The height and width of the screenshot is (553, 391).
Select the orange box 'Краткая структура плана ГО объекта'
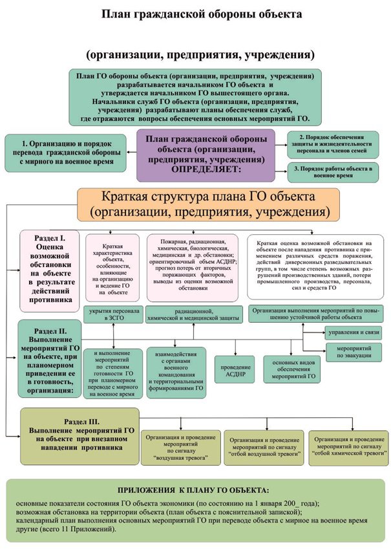[208, 203]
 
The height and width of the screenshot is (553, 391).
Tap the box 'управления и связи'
[353, 332]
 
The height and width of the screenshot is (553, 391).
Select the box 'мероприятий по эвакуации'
[353, 352]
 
